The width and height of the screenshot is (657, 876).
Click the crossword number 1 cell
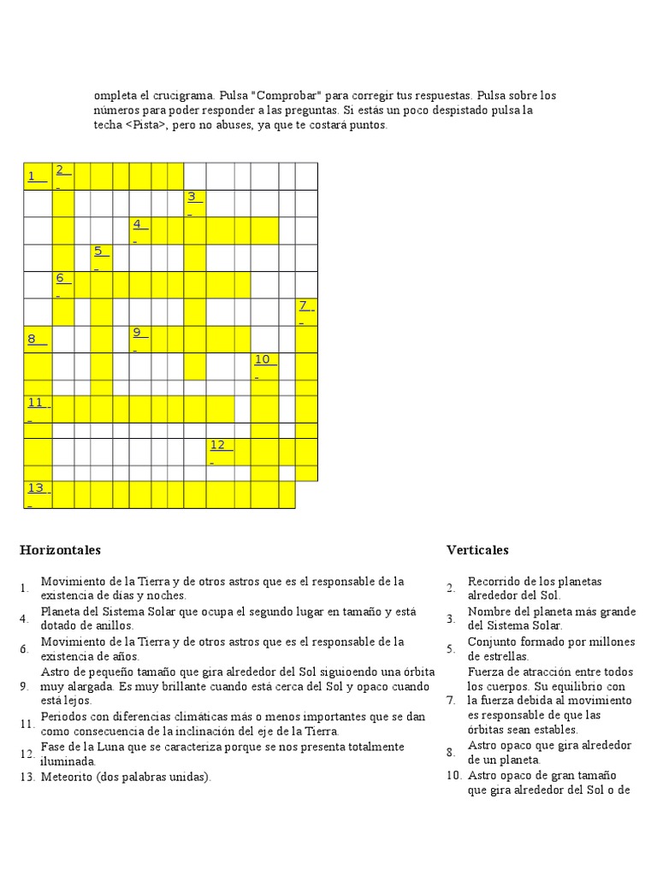click(35, 176)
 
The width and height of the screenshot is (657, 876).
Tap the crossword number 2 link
click(62, 170)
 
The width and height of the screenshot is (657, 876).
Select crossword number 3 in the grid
click(192, 198)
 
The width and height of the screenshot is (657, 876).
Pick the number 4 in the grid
click(138, 225)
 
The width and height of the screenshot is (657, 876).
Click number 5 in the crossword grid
click(99, 252)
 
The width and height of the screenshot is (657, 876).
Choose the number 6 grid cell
click(62, 279)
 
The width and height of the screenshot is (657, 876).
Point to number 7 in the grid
click(305, 306)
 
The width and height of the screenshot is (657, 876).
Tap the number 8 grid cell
click(35, 339)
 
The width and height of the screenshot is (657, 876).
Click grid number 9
click(138, 334)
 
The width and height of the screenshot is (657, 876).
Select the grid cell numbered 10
click(263, 360)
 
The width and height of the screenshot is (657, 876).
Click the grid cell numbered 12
click(219, 446)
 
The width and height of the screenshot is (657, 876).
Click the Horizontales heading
click(61, 550)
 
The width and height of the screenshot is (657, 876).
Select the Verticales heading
click(477, 550)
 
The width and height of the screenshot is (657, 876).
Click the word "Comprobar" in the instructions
click(285, 95)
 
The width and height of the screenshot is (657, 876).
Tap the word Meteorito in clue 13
click(68, 778)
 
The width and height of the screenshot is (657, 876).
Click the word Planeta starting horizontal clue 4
click(62, 612)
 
